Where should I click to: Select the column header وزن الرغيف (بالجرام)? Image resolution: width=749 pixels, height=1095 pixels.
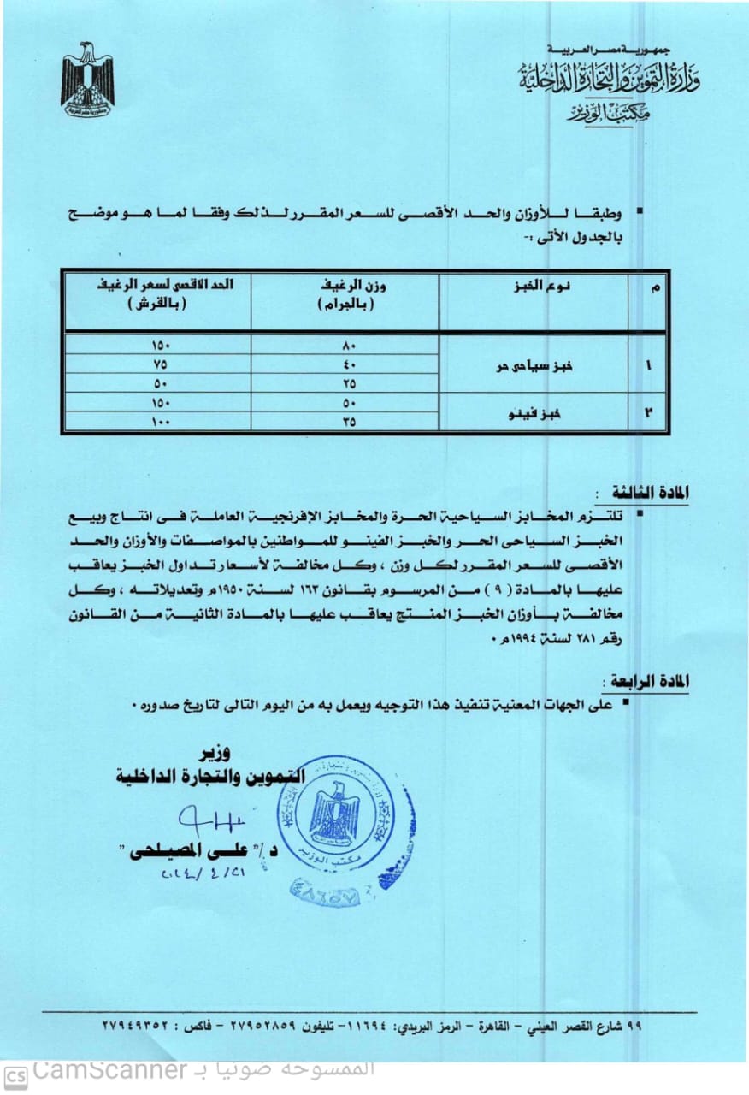pos(345,296)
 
